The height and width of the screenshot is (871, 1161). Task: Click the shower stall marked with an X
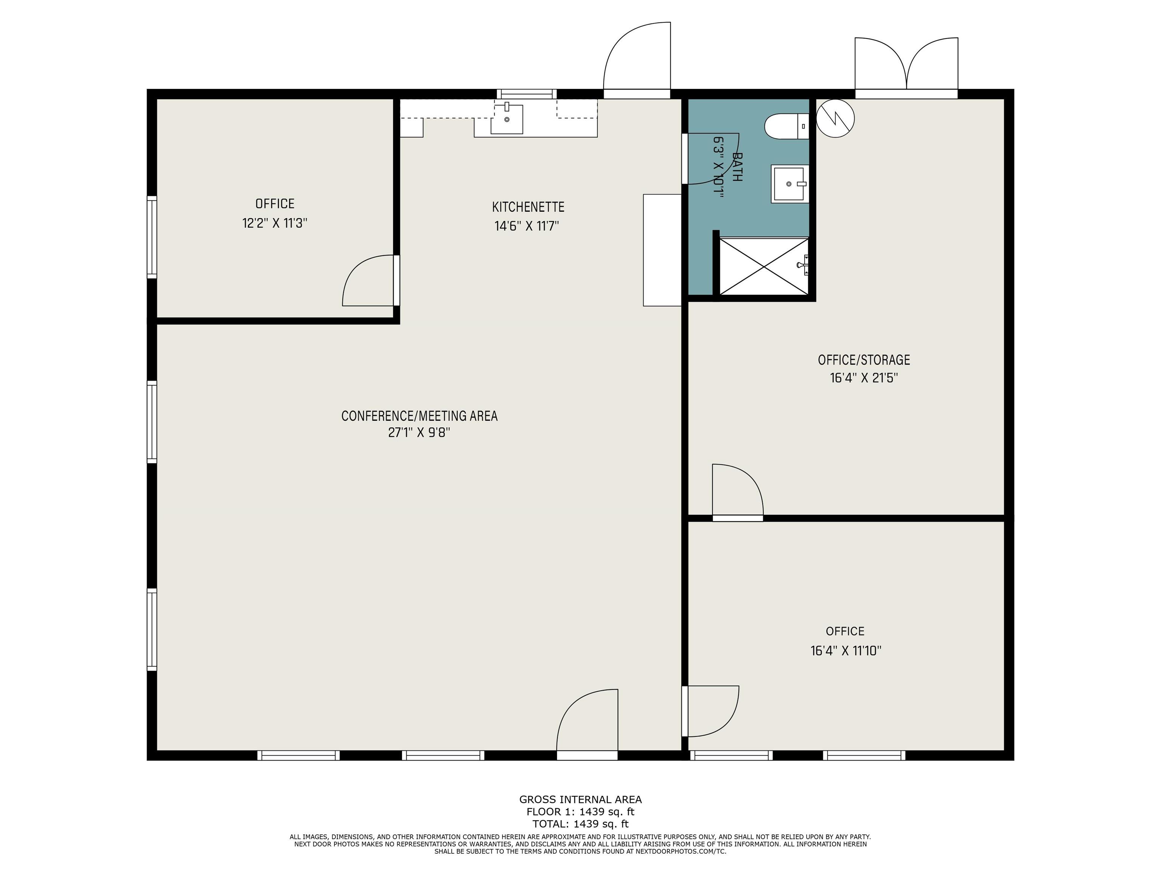(764, 266)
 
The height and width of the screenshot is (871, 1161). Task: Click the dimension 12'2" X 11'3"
(274, 223)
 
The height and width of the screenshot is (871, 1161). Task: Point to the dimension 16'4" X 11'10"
(845, 651)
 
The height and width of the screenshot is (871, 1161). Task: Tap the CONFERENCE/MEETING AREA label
(420, 416)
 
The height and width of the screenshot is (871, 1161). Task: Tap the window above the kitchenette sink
(526, 94)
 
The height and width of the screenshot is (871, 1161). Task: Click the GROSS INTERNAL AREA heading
(580, 800)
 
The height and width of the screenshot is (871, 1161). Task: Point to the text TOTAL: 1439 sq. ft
(580, 824)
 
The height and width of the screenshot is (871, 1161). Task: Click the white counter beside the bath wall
(663, 250)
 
